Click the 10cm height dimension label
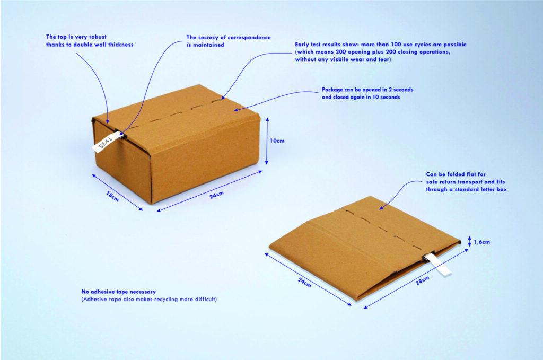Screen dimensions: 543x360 tap(277, 141)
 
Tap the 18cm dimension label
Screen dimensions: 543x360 tap(112, 196)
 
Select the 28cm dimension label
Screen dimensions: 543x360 tap(423, 280)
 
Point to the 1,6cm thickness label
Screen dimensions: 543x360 tap(481, 242)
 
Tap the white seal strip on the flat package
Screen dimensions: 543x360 tap(439, 264)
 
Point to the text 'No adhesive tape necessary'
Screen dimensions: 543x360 tap(118, 292)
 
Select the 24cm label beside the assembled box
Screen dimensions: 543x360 tap(217, 195)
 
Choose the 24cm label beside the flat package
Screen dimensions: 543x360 tap(304, 283)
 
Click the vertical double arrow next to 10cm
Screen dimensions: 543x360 tap(267, 141)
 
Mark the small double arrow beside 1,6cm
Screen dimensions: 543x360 tap(470, 241)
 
